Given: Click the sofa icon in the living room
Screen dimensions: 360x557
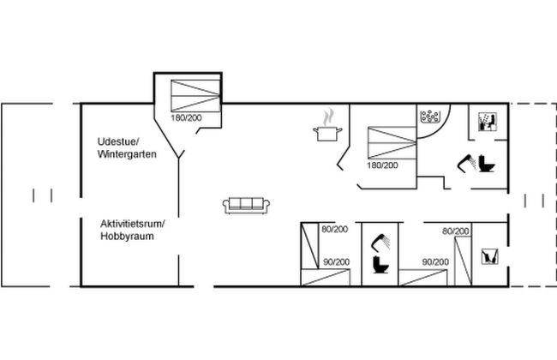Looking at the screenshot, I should pyautogui.click(x=247, y=204).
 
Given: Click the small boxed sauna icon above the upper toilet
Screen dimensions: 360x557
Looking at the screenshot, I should pyautogui.click(x=485, y=121).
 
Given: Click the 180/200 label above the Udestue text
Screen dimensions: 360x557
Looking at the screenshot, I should pyautogui.click(x=185, y=117).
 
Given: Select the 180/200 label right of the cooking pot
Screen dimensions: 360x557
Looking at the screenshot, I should pyautogui.click(x=383, y=165).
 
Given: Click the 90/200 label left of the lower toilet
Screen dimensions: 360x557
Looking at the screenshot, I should pyautogui.click(x=336, y=261).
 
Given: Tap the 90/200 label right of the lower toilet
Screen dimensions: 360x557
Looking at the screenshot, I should pyautogui.click(x=436, y=261).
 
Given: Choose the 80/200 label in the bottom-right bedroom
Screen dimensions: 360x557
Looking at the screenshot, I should pyautogui.click(x=456, y=231).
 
